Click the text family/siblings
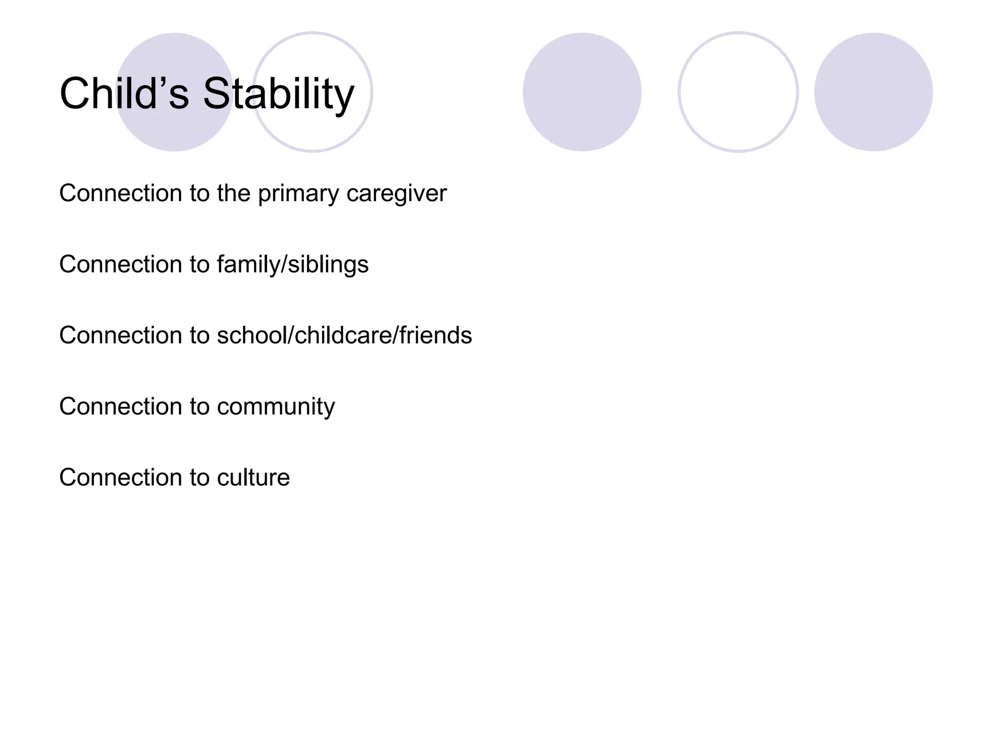click(292, 264)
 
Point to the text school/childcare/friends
click(344, 335)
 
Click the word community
click(276, 407)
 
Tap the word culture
click(253, 477)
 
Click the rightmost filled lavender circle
click(873, 92)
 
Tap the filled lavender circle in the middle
click(582, 92)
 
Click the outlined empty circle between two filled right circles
click(738, 92)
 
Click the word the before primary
click(234, 193)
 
